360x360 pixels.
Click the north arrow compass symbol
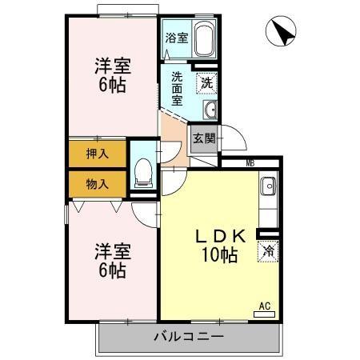click(x=281, y=30)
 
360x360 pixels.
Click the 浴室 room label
click(x=177, y=38)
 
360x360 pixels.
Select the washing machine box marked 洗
click(x=206, y=83)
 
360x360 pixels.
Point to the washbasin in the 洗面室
click(x=210, y=110)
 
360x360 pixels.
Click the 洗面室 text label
click(x=177, y=89)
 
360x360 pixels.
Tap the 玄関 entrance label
click(x=204, y=138)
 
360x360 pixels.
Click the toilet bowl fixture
click(x=143, y=172)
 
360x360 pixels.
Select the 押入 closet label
click(x=98, y=154)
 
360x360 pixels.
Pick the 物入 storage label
click(x=98, y=184)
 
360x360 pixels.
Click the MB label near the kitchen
click(x=250, y=163)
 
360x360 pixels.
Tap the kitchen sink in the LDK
click(x=269, y=186)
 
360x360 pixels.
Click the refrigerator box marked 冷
click(x=268, y=251)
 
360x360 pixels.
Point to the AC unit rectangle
click(x=264, y=314)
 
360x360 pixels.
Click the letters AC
click(x=265, y=306)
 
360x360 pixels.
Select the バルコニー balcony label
click(x=189, y=337)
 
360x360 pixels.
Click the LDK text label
click(x=220, y=236)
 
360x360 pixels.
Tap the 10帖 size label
click(x=220, y=254)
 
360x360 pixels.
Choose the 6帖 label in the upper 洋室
click(x=112, y=86)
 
